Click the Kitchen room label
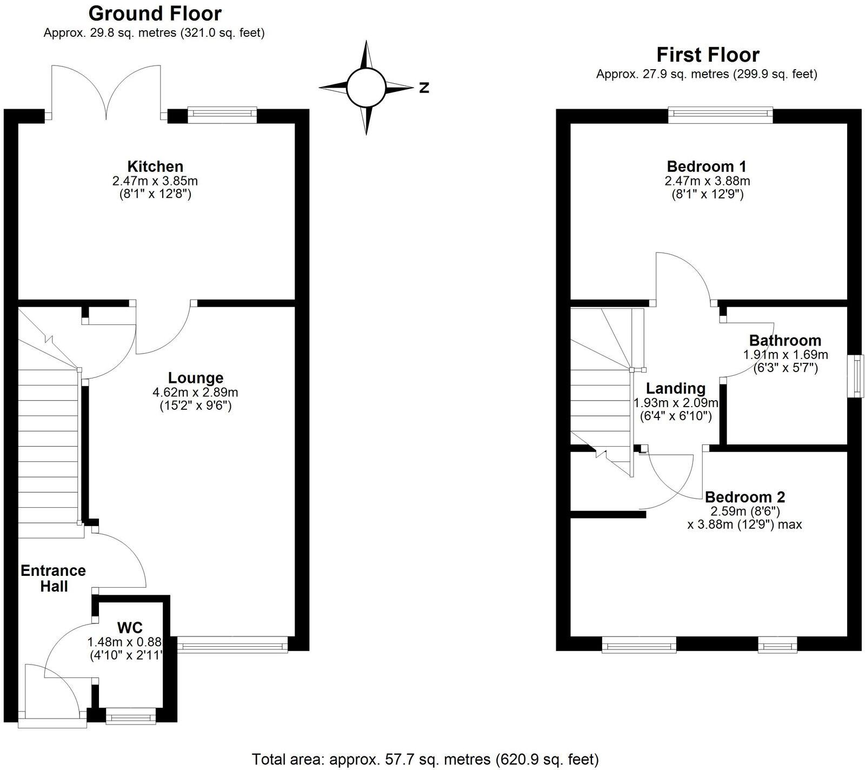point(155,167)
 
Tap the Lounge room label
point(196,378)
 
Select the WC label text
point(130,628)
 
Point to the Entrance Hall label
point(54,579)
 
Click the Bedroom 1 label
point(707,167)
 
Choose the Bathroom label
point(785,341)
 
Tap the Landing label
point(676,388)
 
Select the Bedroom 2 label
point(745,497)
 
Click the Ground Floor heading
point(155,14)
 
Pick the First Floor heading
point(708,55)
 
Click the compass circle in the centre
point(366,88)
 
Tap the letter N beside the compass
point(424,88)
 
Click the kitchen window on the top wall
point(222,112)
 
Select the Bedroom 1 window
point(720,112)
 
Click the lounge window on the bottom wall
point(232,645)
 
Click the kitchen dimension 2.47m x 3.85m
point(155,181)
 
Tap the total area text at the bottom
point(425,759)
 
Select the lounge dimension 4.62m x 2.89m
point(196,393)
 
